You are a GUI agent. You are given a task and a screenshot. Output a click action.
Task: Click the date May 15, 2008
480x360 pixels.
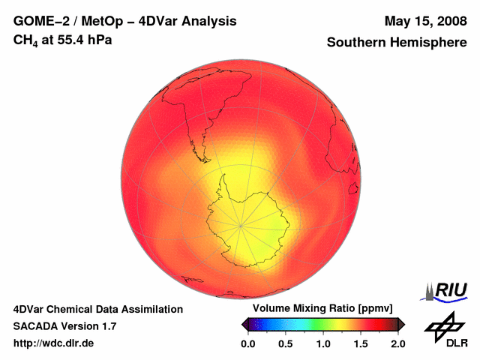(x=424, y=22)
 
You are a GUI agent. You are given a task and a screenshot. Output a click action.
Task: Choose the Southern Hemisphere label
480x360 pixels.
(x=396, y=43)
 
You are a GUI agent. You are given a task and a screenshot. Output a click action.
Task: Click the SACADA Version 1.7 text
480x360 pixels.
(x=64, y=326)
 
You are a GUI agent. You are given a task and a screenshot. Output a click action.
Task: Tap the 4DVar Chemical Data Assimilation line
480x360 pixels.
(x=97, y=309)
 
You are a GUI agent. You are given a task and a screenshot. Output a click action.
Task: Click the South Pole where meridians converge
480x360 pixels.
(x=240, y=225)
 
